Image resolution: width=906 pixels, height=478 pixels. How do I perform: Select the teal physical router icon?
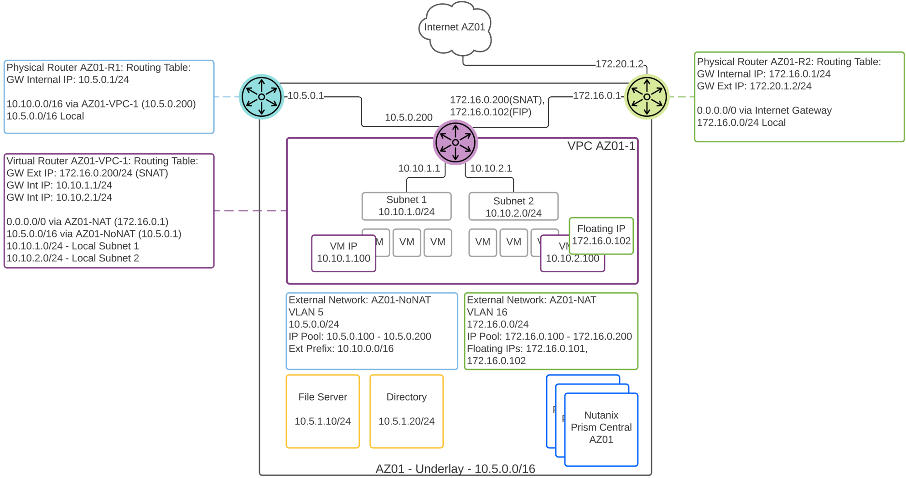[261, 97]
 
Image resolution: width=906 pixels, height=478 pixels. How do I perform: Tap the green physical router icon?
[647, 97]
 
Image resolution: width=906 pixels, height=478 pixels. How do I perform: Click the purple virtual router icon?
[455, 142]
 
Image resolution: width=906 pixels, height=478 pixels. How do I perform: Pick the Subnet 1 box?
[406, 206]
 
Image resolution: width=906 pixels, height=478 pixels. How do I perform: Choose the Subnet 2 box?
[513, 207]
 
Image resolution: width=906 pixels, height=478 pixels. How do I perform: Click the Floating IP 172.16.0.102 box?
[601, 235]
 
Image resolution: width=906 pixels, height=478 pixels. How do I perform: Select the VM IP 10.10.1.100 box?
[343, 253]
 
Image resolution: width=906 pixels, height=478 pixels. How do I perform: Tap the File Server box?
[322, 411]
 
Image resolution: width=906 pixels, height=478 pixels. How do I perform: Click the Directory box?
[406, 411]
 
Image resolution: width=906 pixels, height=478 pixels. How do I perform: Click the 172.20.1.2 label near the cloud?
[619, 64]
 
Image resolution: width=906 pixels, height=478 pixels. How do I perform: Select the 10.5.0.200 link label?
[409, 117]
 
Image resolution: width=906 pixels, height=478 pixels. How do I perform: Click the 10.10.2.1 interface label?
[491, 168]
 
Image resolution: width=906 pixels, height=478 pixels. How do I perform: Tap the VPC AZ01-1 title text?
[601, 146]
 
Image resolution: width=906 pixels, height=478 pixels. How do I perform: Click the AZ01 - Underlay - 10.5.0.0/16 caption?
[455, 469]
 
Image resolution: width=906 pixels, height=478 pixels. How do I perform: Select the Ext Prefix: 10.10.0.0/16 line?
[341, 348]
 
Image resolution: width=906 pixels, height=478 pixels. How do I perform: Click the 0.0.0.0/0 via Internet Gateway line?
[764, 110]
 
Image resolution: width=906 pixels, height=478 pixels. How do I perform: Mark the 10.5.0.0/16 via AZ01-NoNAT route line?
[94, 234]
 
